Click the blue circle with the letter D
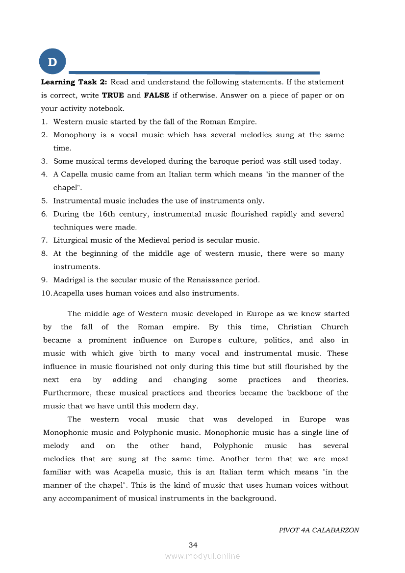pyautogui.click(x=52, y=62)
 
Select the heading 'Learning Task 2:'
pyautogui.click(x=74, y=82)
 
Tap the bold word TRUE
pyautogui.click(x=113, y=95)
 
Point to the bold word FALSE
pyautogui.click(x=156, y=95)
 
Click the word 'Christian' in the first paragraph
pyautogui.click(x=294, y=327)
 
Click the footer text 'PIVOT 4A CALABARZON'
pyautogui.click(x=319, y=530)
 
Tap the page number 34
pyautogui.click(x=193, y=545)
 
